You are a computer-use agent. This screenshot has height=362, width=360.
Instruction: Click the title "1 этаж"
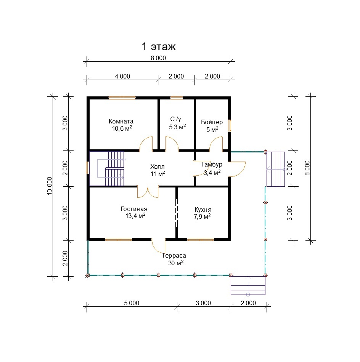159,46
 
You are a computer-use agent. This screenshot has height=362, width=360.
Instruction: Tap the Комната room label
121,121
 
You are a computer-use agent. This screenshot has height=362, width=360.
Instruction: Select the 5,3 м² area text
177,127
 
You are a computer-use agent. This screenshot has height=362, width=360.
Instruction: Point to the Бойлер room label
212,122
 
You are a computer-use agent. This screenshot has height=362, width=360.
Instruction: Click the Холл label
157,167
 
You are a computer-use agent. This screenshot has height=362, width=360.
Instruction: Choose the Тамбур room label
211,164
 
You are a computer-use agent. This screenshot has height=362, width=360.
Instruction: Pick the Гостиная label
134,209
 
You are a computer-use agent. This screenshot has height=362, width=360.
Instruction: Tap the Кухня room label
203,210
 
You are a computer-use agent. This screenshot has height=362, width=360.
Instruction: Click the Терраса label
174,256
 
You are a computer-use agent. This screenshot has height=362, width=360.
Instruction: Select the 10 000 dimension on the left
50,186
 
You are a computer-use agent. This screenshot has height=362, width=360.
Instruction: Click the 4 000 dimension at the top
122,76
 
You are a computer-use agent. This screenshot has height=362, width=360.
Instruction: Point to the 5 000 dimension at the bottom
132,303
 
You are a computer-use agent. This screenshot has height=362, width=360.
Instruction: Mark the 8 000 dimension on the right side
307,168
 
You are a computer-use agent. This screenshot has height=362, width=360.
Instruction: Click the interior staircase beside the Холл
111,168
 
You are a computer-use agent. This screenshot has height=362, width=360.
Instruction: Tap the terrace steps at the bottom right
248,285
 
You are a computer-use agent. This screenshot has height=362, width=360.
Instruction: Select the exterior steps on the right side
276,169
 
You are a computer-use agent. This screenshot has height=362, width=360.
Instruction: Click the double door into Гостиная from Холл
148,192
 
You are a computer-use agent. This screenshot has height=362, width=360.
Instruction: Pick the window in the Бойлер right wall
230,125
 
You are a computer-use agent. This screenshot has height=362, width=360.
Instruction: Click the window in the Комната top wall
122,98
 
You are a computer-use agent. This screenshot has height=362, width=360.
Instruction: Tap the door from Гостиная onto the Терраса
159,245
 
